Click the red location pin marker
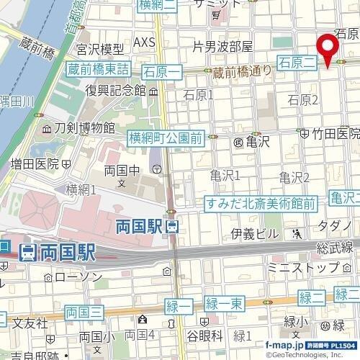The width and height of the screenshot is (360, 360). (330, 49)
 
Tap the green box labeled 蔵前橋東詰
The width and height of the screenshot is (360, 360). (99, 70)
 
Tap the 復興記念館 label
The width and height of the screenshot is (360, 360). (115, 91)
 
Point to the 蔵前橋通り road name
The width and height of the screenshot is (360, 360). (240, 71)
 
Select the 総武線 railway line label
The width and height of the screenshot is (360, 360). (336, 248)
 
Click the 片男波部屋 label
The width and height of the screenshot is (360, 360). (223, 47)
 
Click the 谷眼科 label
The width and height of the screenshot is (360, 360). (205, 336)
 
